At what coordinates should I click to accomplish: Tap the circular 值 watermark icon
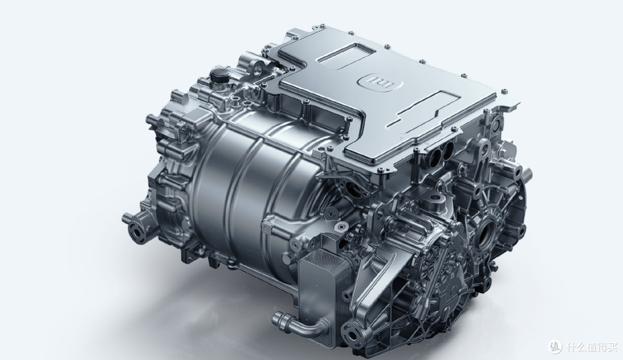(x=556, y=347)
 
